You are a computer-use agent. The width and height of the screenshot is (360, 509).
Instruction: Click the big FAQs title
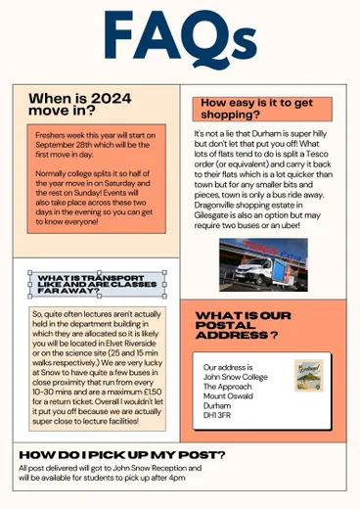tap(181, 42)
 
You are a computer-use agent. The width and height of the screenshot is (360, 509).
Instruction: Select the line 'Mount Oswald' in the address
tap(227, 393)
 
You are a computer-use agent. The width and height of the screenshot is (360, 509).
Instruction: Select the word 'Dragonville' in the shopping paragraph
tap(220, 206)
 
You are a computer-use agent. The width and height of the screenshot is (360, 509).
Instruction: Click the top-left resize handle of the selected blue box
tap(30, 272)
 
